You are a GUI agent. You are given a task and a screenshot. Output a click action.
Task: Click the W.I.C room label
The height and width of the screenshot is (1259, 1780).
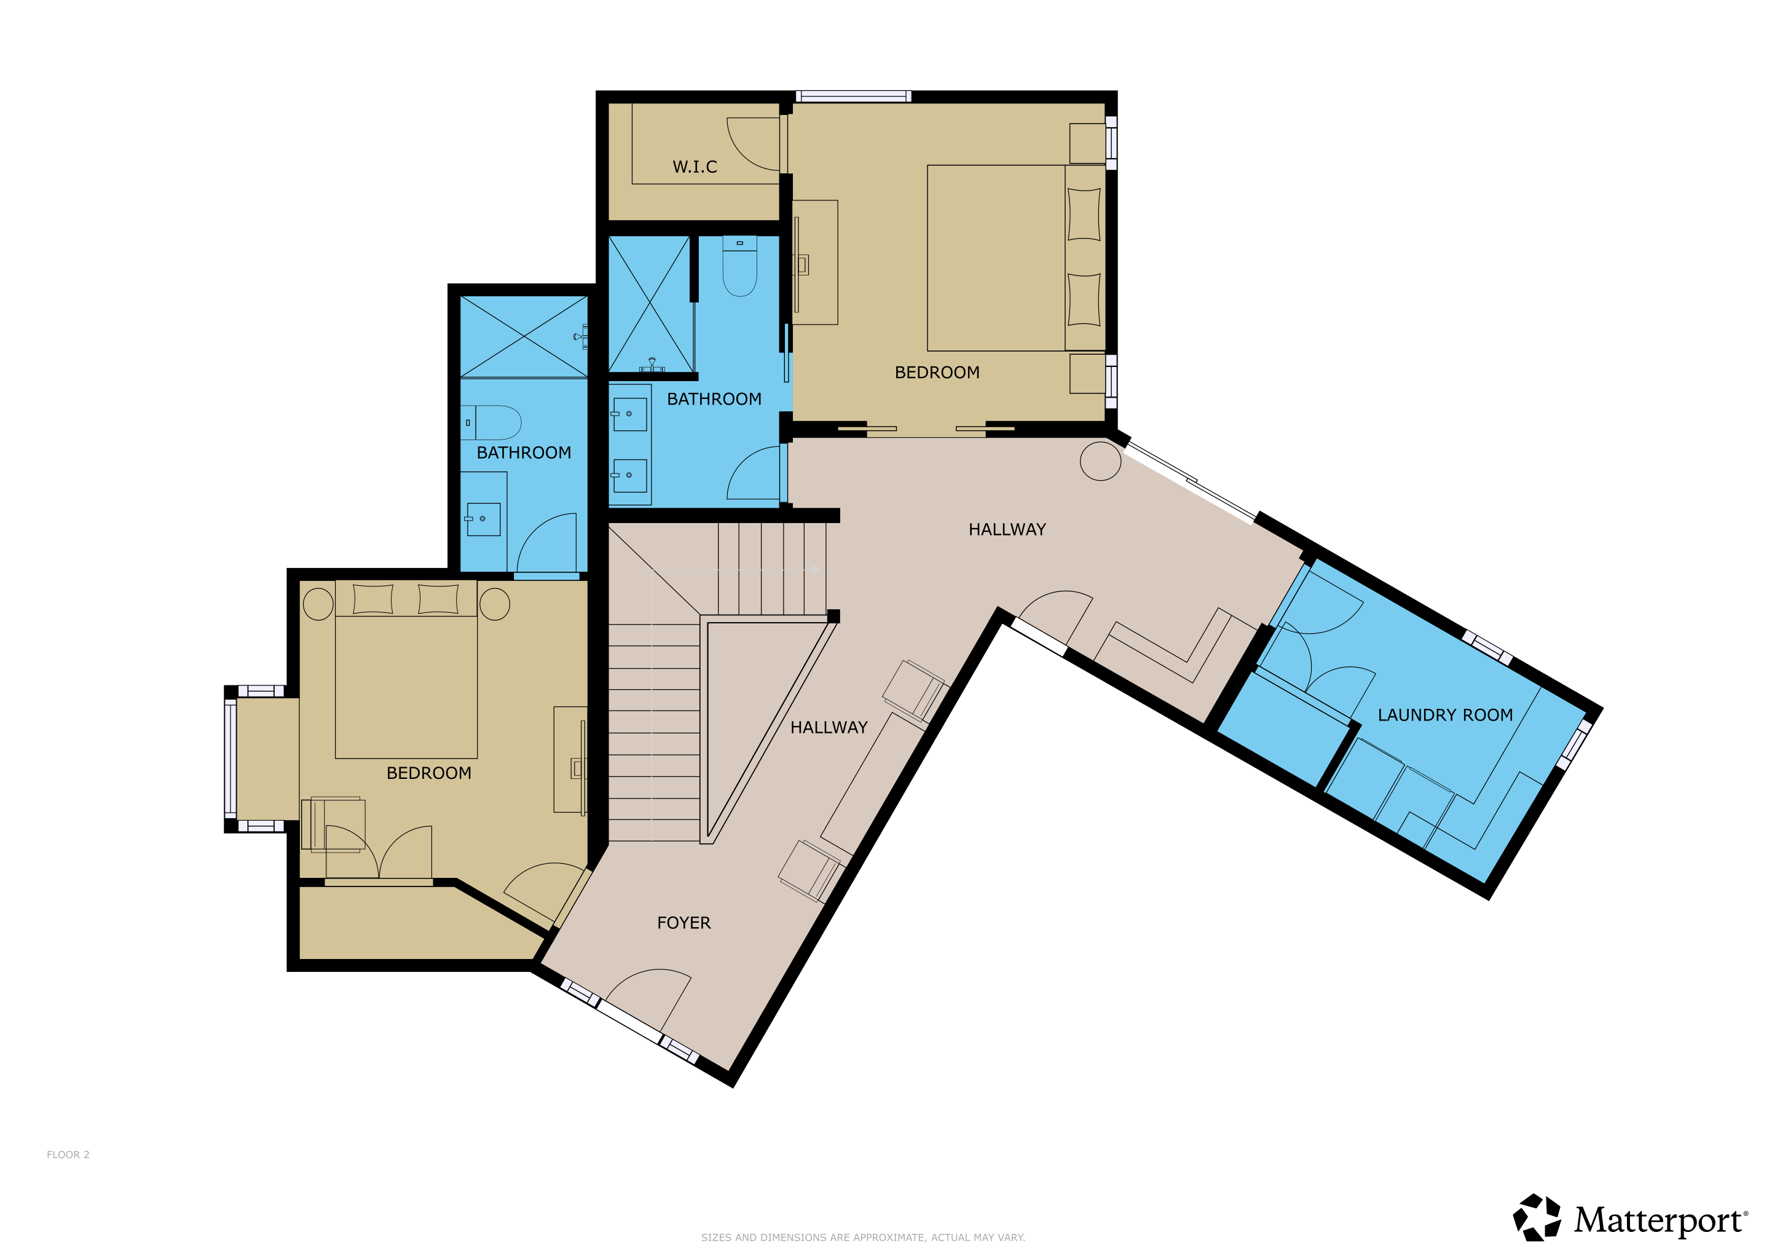pyautogui.click(x=695, y=167)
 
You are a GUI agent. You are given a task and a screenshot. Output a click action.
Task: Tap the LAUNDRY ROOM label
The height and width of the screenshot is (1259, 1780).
pyautogui.click(x=1445, y=715)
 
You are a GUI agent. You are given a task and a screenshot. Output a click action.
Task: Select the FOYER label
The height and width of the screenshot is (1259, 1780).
pyautogui.click(x=683, y=923)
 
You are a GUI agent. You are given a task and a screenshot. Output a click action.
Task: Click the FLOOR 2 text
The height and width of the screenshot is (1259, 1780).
pyautogui.click(x=68, y=1154)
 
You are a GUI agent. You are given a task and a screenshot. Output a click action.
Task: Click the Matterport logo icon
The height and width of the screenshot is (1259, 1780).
pyautogui.click(x=1537, y=1218)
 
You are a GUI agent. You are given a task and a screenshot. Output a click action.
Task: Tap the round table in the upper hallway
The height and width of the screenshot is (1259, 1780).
pyautogui.click(x=1100, y=460)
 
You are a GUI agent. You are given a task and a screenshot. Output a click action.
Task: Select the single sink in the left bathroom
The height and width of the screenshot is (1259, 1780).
pyautogui.click(x=483, y=519)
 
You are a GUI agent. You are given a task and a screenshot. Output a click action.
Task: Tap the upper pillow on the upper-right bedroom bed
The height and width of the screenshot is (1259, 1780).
pyautogui.click(x=1084, y=214)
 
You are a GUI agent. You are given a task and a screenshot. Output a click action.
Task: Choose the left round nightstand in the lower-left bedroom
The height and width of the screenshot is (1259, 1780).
pyautogui.click(x=318, y=604)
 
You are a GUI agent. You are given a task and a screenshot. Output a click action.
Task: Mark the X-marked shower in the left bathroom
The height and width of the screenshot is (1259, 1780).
pyautogui.click(x=524, y=336)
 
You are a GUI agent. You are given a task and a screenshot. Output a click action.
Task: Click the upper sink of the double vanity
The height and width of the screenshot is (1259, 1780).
pyautogui.click(x=629, y=414)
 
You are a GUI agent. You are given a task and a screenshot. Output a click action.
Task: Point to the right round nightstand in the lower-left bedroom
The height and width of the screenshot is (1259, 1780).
pyautogui.click(x=495, y=604)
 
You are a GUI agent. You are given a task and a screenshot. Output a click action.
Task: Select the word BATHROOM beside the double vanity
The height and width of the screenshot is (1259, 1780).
pyautogui.click(x=714, y=399)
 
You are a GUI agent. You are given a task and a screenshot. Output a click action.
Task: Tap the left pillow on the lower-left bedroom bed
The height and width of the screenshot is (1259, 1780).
pyautogui.click(x=373, y=599)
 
